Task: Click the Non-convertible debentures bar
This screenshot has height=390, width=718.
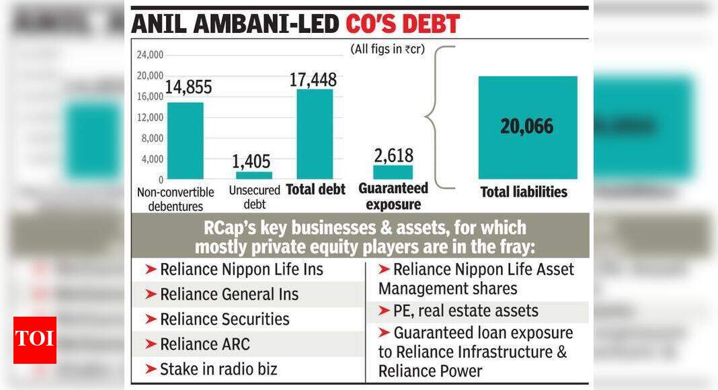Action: pyautogui.click(x=185, y=141)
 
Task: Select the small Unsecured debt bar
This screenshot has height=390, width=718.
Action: pyautogui.click(x=253, y=175)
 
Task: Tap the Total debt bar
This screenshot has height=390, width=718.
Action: pyautogui.click(x=315, y=134)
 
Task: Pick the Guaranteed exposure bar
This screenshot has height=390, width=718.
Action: pyautogui.click(x=393, y=172)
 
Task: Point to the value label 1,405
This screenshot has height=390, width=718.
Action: pyautogui.click(x=250, y=161)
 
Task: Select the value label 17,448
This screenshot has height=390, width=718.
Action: pyautogui.click(x=313, y=79)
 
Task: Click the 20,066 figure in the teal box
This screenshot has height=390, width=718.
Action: pyautogui.click(x=527, y=126)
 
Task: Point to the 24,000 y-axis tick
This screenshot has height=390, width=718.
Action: pyautogui.click(x=150, y=54)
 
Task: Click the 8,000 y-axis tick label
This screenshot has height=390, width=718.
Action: pyautogui.click(x=152, y=139)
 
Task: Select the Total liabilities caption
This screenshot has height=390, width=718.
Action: pyautogui.click(x=524, y=192)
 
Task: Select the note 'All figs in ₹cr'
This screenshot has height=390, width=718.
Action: pyautogui.click(x=387, y=49)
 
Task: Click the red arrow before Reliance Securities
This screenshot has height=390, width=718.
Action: pyautogui.click(x=151, y=319)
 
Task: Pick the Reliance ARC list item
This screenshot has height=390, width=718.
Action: pyautogui.click(x=204, y=344)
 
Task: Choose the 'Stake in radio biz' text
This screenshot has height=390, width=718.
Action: pyautogui.click(x=218, y=369)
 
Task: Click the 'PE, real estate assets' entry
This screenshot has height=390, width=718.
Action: pyautogui.click(x=465, y=311)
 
